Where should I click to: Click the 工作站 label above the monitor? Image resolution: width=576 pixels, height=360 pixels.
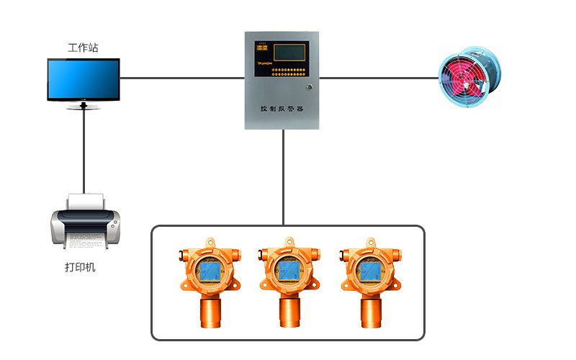83,48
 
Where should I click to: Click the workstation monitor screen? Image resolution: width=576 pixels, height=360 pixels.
84,79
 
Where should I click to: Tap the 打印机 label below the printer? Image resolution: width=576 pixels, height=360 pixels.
80,268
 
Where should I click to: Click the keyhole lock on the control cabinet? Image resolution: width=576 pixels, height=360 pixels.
310,87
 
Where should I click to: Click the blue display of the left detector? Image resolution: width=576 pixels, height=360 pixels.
210,271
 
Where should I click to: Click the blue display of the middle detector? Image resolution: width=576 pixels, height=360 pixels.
289,271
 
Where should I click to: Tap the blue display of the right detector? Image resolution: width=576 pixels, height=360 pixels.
370,271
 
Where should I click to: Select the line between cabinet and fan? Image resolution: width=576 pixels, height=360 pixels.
378,77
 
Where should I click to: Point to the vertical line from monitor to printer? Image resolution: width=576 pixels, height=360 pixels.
84,151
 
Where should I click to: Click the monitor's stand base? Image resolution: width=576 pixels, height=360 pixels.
84,107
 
